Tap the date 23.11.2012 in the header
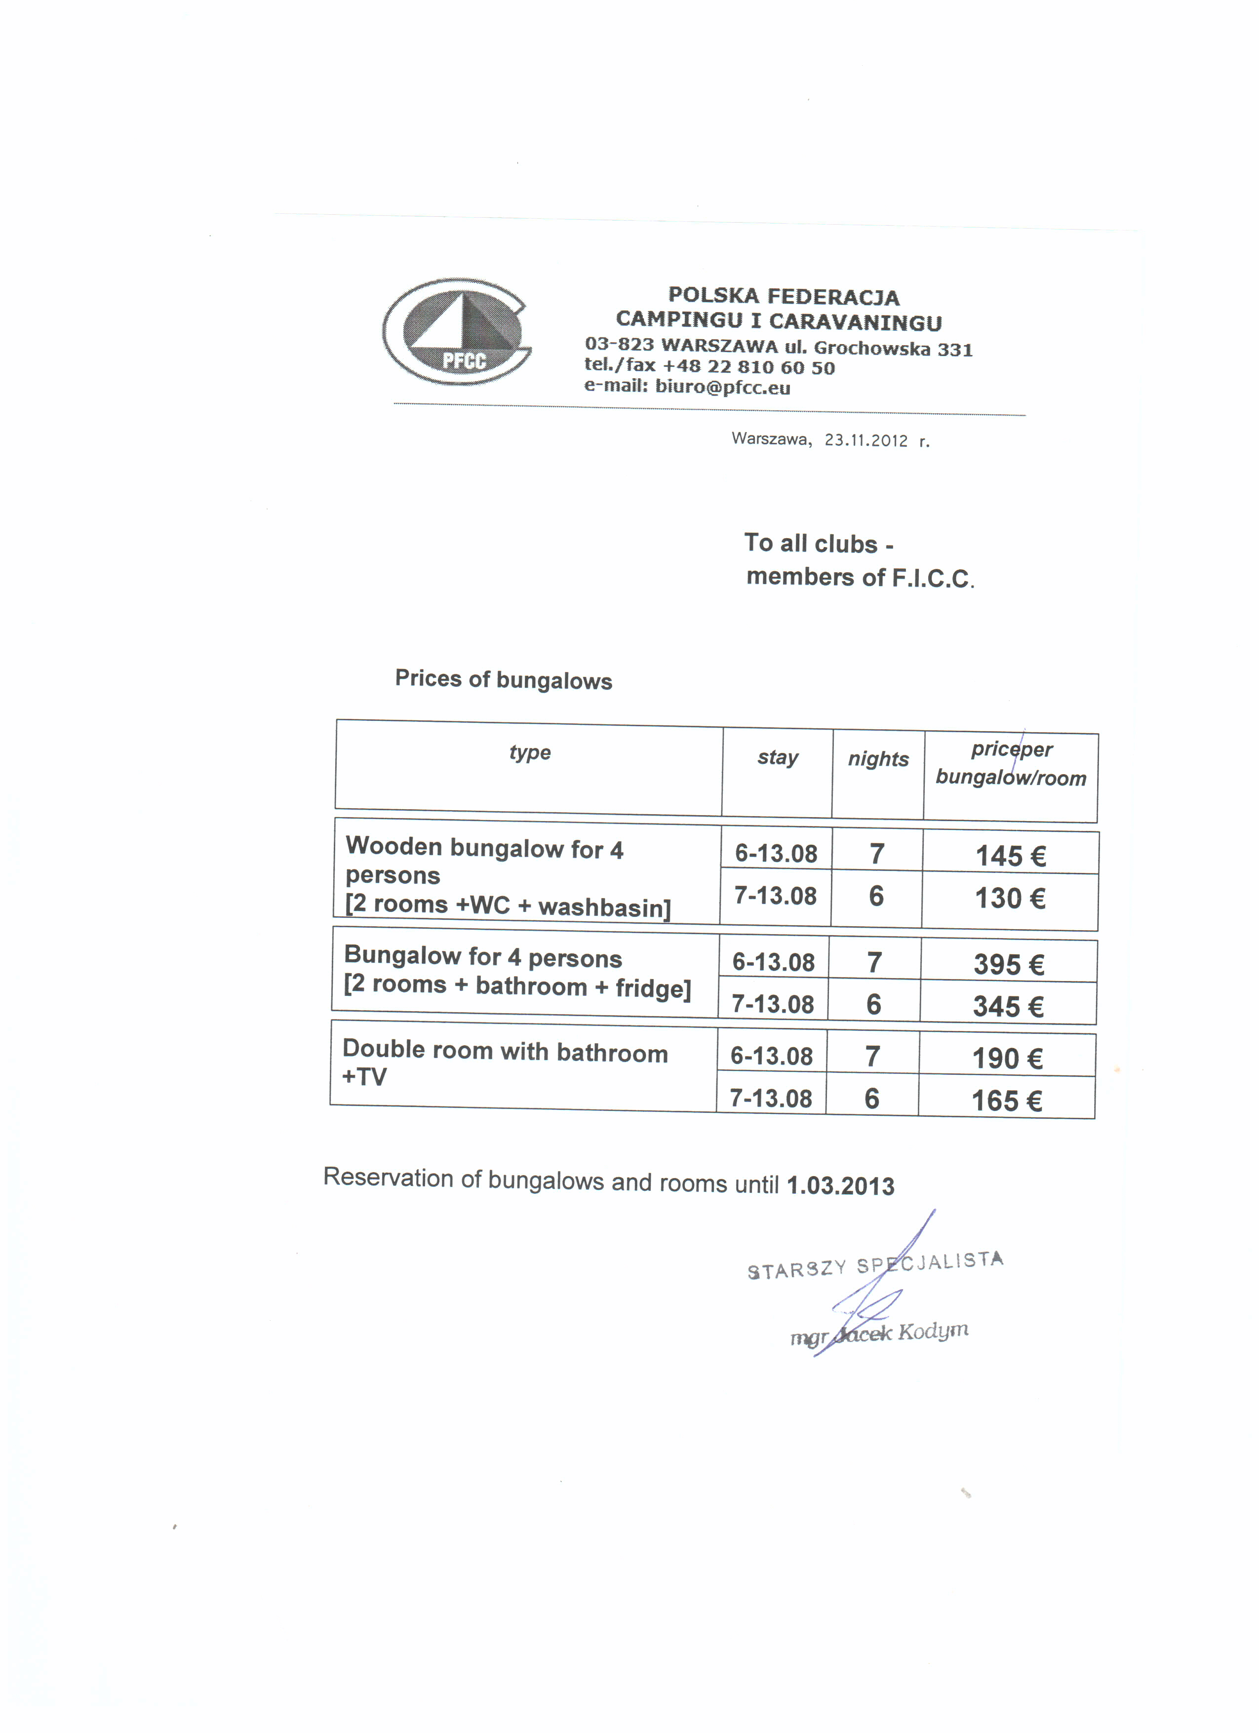(866, 440)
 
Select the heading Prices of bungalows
(504, 679)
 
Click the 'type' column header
(529, 752)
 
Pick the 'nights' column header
(878, 759)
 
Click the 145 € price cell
(1010, 856)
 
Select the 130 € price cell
(1009, 898)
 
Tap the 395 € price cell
(1008, 964)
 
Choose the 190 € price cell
(1007, 1058)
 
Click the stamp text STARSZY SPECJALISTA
(875, 1264)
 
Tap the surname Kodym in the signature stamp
(933, 1332)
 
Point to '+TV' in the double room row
(364, 1077)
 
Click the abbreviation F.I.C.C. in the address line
(933, 579)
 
